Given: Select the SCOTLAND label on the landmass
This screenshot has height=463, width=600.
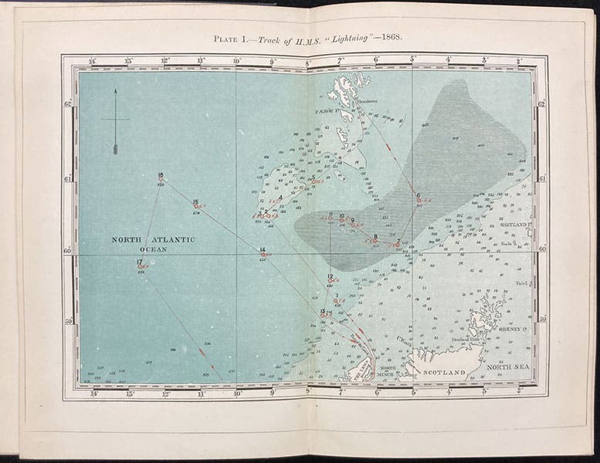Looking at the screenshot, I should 442,373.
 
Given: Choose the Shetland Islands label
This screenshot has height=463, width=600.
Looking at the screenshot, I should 516,224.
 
